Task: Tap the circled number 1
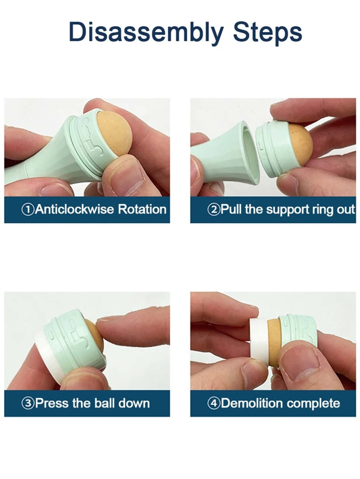28,210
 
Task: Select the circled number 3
28,403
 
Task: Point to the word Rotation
142,209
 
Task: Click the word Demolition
252,403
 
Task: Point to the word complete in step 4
313,403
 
